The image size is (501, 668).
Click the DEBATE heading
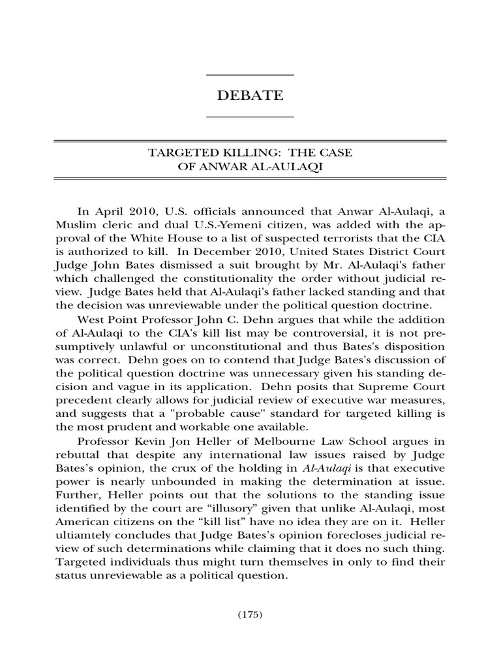(x=250, y=95)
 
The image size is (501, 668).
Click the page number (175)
(x=250, y=614)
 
